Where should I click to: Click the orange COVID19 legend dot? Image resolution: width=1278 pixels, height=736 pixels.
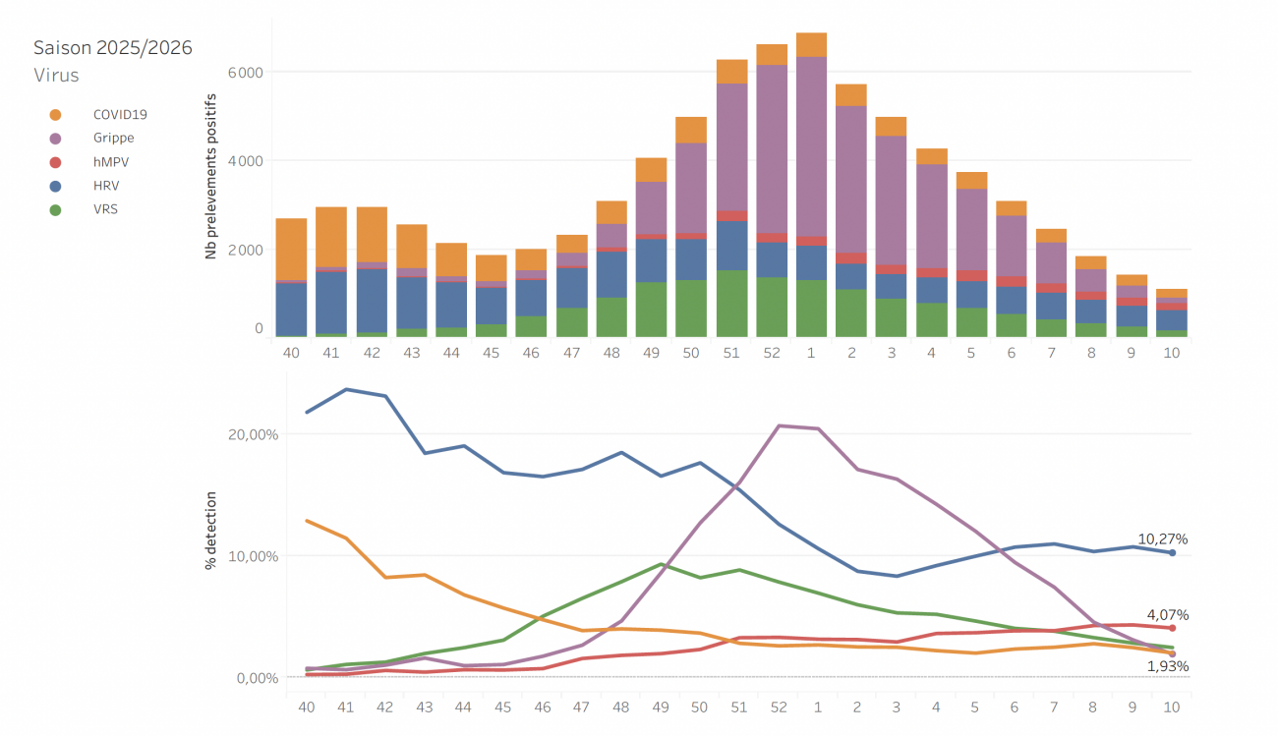click(x=55, y=115)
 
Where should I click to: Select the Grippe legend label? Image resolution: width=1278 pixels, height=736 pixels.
click(x=113, y=139)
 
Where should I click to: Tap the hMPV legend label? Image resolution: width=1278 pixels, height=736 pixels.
click(x=110, y=162)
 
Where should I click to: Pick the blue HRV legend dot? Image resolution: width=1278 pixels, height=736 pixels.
click(x=55, y=186)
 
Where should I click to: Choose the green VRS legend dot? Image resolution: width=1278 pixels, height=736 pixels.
click(x=55, y=209)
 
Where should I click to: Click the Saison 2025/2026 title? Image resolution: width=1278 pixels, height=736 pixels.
click(x=112, y=47)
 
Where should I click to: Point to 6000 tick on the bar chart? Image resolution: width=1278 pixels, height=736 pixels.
click(x=245, y=73)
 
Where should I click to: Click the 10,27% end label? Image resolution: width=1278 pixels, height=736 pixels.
click(x=1164, y=538)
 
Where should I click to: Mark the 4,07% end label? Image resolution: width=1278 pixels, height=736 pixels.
click(x=1167, y=615)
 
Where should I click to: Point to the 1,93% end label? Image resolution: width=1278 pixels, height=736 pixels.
click(x=1167, y=666)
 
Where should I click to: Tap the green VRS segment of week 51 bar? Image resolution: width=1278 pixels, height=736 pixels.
click(x=731, y=303)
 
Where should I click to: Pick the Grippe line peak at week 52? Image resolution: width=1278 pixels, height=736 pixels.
click(x=779, y=425)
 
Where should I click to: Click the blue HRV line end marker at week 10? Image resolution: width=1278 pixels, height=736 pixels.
click(x=1172, y=553)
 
